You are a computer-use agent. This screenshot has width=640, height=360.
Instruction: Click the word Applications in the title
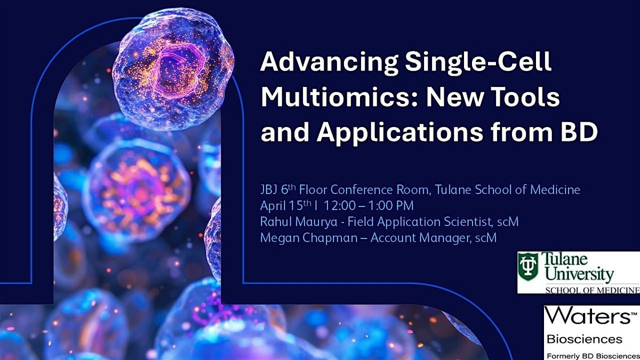point(399,134)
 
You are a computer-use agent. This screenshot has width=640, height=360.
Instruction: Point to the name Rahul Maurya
point(299,222)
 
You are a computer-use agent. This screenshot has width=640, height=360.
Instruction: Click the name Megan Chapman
point(309,238)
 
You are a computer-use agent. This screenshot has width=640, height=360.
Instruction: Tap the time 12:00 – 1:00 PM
point(369,206)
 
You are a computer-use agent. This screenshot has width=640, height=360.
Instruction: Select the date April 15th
point(286,205)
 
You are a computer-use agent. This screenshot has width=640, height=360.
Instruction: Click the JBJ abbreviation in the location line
point(269,190)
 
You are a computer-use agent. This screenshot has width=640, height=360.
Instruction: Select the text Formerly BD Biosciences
point(593,356)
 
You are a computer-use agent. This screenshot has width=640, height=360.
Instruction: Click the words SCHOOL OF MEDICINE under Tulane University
point(593,290)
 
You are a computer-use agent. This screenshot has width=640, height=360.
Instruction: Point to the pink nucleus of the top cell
point(177,71)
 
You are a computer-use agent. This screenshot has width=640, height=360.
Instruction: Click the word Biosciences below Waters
point(585,339)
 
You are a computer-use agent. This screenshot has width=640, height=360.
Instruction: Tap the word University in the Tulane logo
point(580,275)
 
